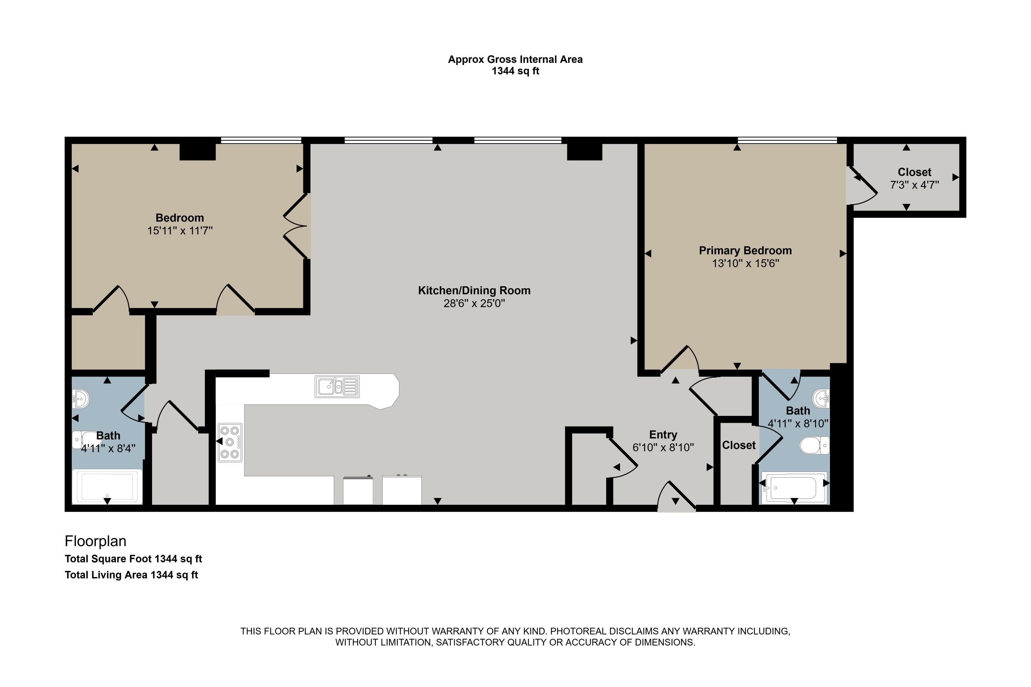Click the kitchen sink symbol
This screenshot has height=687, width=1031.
(337, 386)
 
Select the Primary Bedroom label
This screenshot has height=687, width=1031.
(745, 251)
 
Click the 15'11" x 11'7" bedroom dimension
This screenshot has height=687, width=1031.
(180, 231)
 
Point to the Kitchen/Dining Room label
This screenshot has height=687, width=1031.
(474, 290)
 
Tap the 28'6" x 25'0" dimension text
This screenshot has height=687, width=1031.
(474, 303)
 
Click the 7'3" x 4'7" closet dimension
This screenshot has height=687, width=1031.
(914, 185)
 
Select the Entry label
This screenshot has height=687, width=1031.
(663, 435)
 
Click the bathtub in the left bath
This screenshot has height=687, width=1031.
(107, 486)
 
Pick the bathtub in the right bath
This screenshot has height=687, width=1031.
(794, 488)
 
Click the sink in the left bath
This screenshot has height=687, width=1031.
(81, 399)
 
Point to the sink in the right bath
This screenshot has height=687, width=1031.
(821, 399)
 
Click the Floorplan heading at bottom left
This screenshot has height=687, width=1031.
(96, 541)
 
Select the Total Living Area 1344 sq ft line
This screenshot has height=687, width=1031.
(131, 575)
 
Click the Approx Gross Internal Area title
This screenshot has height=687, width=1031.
(515, 59)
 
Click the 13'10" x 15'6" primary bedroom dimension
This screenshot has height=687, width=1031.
(745, 263)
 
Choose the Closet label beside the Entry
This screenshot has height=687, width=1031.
(739, 445)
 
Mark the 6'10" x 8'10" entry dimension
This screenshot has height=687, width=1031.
(663, 447)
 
